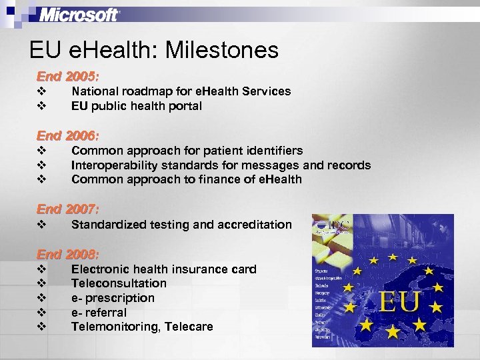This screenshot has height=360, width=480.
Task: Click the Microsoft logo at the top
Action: (79, 15)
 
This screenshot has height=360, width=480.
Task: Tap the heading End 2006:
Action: (67, 135)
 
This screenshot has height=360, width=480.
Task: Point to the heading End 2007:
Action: (67, 209)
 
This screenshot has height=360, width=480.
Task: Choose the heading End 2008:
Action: (67, 255)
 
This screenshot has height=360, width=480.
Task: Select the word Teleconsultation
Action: (119, 283)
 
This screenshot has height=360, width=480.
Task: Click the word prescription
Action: (119, 298)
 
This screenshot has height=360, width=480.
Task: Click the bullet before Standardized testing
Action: (41, 225)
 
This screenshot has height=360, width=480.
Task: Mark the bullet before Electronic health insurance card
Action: (41, 269)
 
